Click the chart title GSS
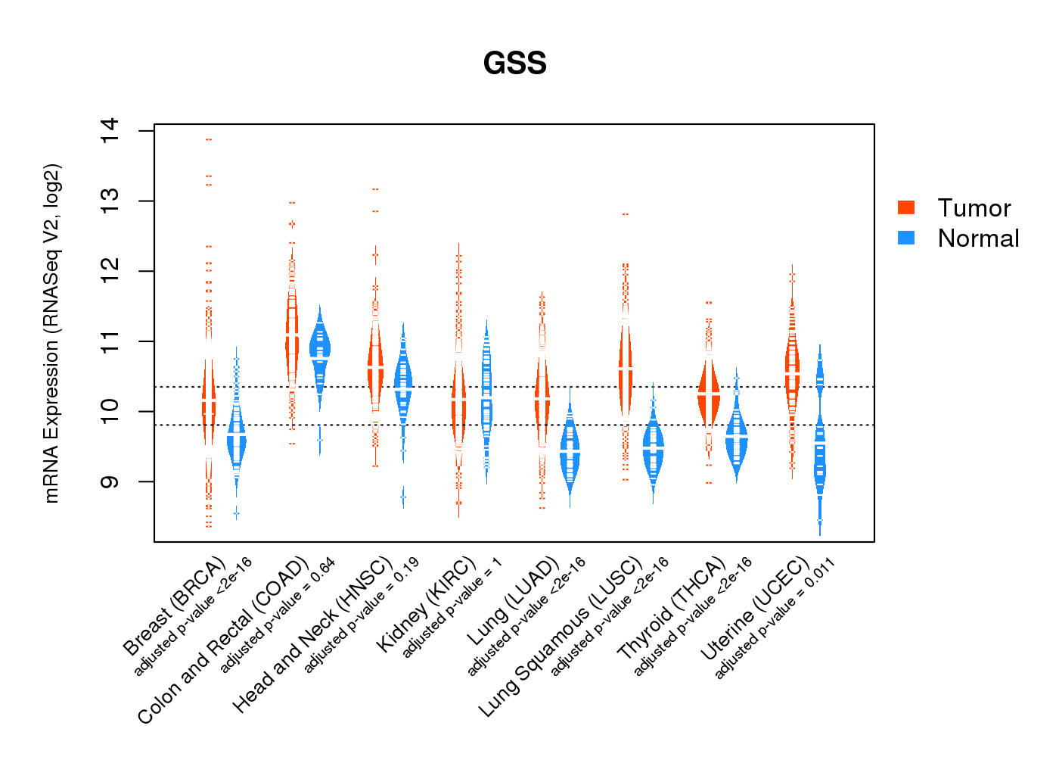514,64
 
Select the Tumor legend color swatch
906,207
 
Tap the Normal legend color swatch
906,238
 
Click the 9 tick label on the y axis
110,481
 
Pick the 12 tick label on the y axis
110,271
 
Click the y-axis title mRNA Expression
51,333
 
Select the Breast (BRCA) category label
175,606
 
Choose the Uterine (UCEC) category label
756,609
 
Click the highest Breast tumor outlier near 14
209,139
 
